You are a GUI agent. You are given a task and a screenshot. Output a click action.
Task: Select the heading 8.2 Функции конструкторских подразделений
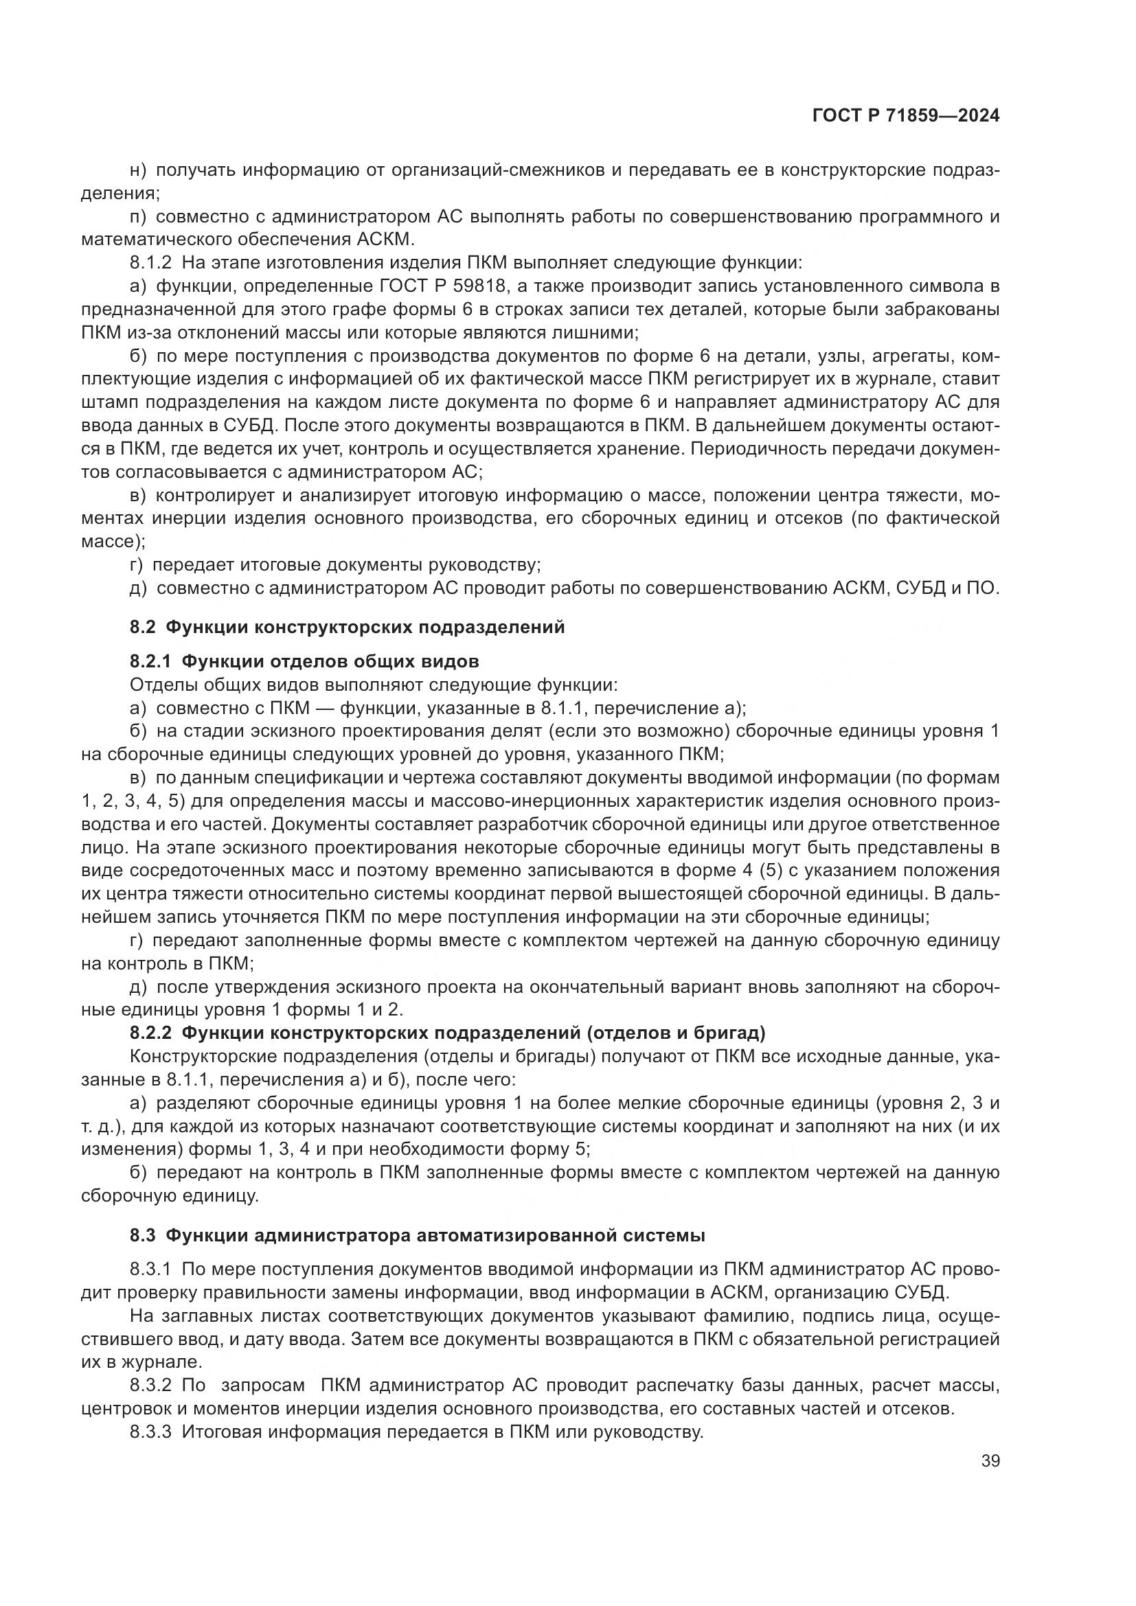pos(347,627)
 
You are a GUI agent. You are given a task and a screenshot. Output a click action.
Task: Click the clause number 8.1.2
pos(150,263)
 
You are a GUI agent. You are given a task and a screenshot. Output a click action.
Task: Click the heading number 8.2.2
pos(150,1033)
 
